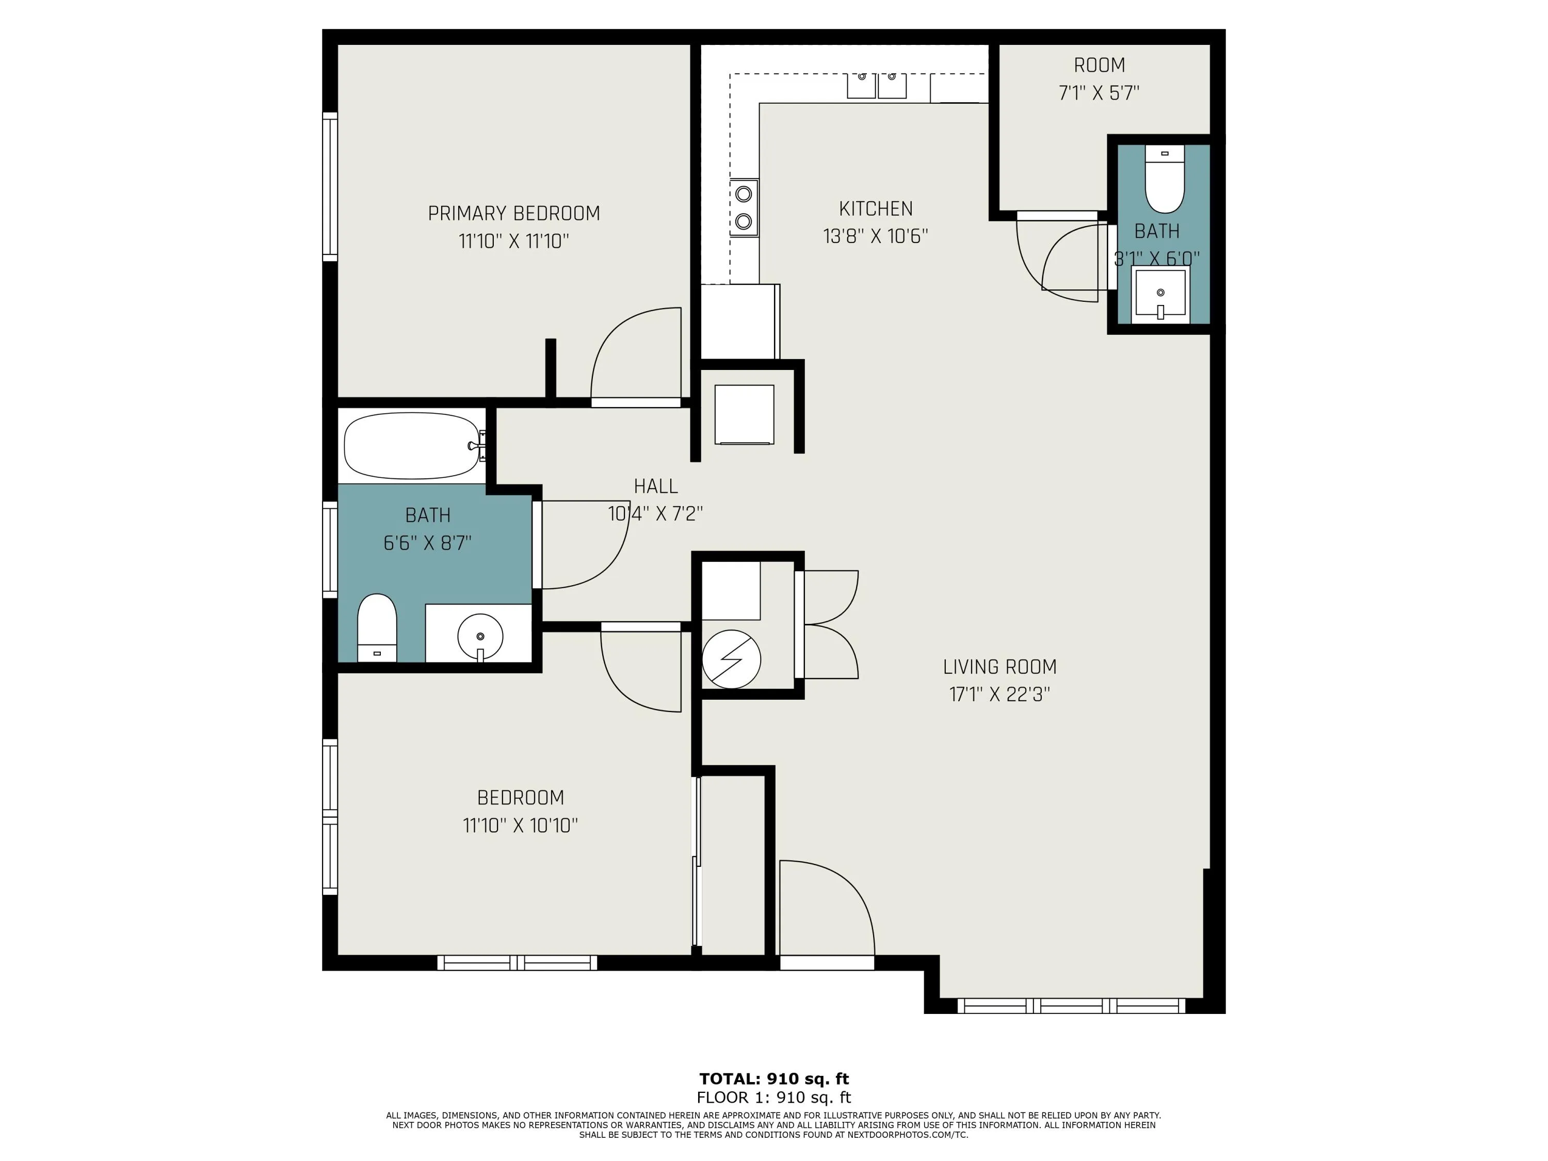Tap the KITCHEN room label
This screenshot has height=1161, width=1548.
pos(876,208)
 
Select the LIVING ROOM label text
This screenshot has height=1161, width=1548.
pos(999,667)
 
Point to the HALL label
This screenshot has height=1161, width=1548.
pos(656,486)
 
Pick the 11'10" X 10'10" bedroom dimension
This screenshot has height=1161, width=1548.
pos(521,825)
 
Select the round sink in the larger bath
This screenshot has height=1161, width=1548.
pos(480,636)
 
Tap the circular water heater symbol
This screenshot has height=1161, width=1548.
pos(731,658)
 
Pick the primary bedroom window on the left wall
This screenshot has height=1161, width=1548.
pos(330,187)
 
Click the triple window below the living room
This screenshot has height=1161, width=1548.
pos(1071,1006)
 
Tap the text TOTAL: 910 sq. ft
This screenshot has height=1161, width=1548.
pos(774,1078)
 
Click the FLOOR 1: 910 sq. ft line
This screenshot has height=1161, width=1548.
pos(774,1098)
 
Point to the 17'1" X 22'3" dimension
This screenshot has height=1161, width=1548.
pos(1000,694)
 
